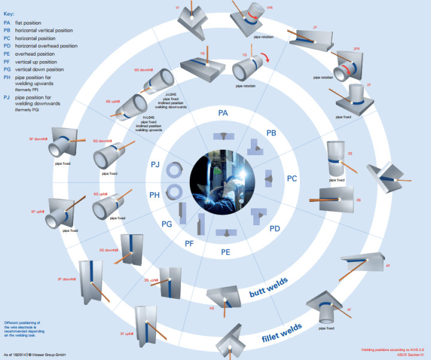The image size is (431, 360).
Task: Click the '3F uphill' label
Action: point(126,334)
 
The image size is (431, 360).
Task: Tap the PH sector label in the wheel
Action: point(154,194)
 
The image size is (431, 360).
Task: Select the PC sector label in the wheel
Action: point(292,179)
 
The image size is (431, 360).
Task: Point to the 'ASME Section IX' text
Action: point(411,353)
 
